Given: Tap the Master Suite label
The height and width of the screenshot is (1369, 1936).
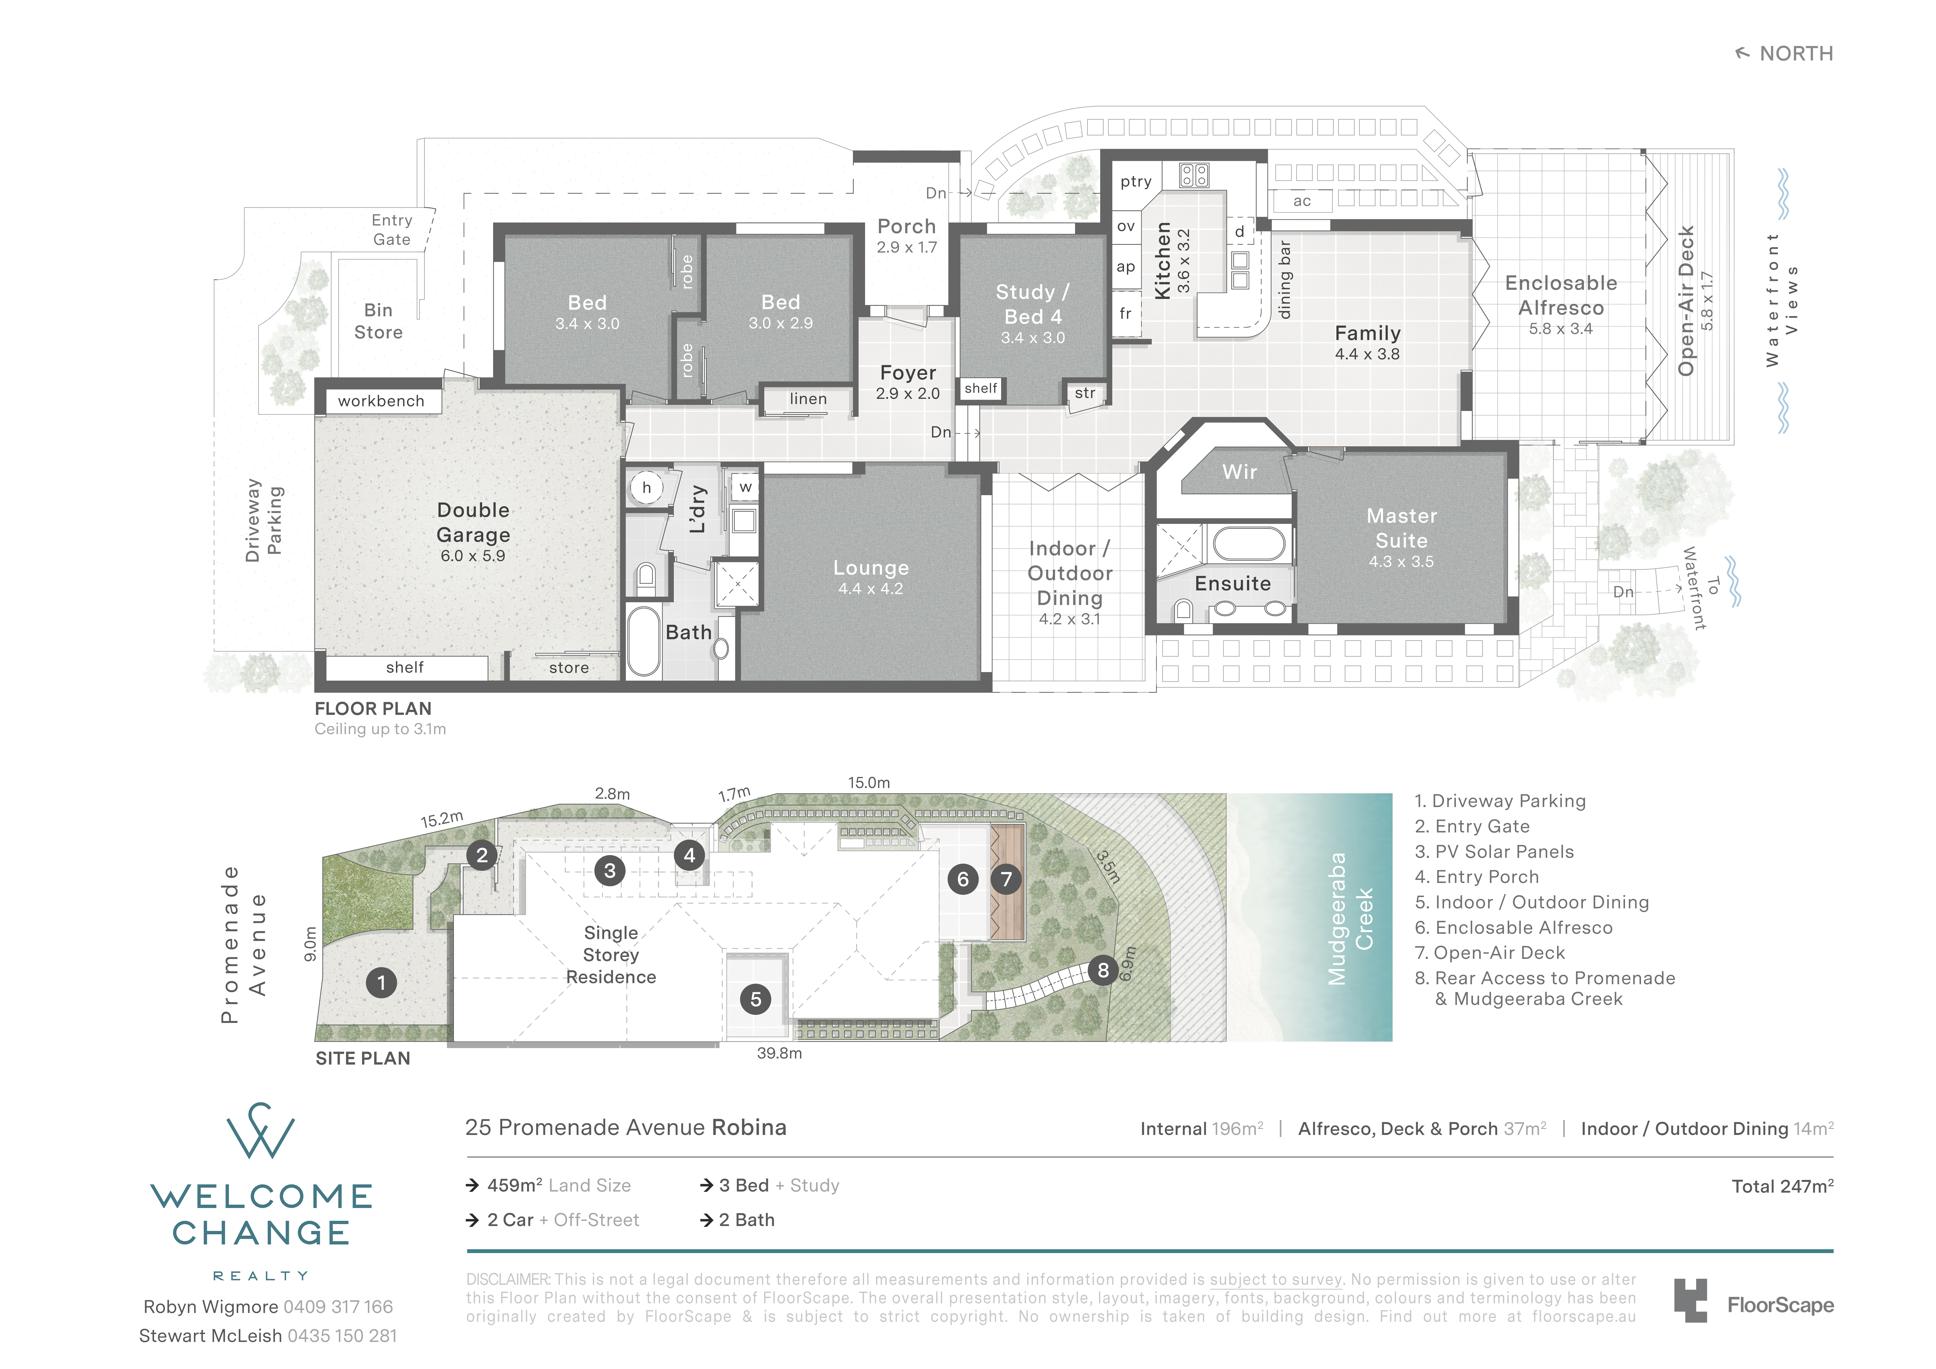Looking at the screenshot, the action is point(1402,528).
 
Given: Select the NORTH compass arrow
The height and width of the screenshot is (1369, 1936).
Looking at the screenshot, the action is point(1742,53).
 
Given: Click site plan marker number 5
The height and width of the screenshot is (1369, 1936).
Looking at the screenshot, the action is point(756,999).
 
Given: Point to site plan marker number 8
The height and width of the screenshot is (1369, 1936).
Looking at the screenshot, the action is point(1103,970).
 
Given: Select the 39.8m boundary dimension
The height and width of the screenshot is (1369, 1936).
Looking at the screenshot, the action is point(779,1054).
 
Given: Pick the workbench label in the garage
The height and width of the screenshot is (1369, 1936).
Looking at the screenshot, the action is point(381,401).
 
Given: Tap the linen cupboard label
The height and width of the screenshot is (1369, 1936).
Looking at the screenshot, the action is point(808,399).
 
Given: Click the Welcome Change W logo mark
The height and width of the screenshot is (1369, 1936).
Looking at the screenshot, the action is point(260,1130).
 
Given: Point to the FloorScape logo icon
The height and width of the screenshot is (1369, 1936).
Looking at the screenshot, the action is point(1691,1301).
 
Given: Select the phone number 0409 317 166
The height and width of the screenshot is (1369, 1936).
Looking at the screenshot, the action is point(338,1307).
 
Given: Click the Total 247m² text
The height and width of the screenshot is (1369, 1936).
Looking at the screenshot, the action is point(1783,1186).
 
